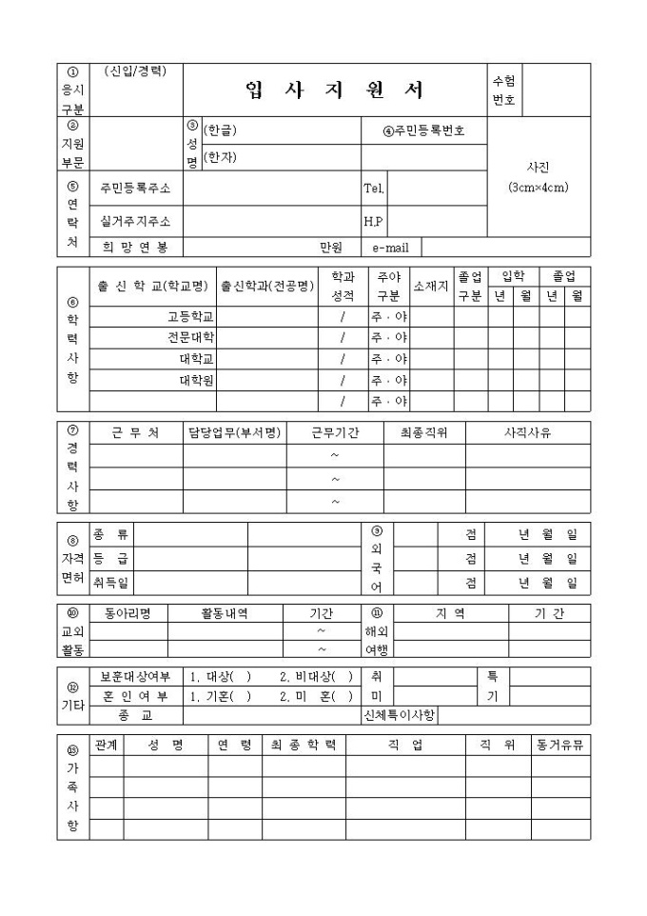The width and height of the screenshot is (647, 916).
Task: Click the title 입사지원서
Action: tap(334, 90)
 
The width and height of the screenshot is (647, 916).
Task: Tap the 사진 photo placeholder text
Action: tap(538, 166)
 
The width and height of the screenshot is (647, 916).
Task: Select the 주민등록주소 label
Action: tap(136, 189)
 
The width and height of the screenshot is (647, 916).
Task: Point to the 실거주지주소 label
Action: tap(136, 221)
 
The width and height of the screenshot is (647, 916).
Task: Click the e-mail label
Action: tap(390, 248)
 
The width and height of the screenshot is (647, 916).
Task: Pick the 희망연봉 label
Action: tap(136, 248)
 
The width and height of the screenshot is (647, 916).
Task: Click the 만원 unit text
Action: tap(330, 248)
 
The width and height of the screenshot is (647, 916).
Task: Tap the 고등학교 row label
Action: tap(190, 316)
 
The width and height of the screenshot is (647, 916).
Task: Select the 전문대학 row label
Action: tap(190, 337)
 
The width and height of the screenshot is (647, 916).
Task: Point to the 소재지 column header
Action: tap(430, 286)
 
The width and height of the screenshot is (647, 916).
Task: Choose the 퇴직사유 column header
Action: tap(527, 432)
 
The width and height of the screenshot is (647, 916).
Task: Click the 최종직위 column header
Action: tap(424, 432)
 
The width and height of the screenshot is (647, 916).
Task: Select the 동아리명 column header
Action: tap(127, 613)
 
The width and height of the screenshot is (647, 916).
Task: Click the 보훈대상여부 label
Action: tap(136, 677)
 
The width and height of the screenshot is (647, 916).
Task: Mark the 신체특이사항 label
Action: tap(400, 715)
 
